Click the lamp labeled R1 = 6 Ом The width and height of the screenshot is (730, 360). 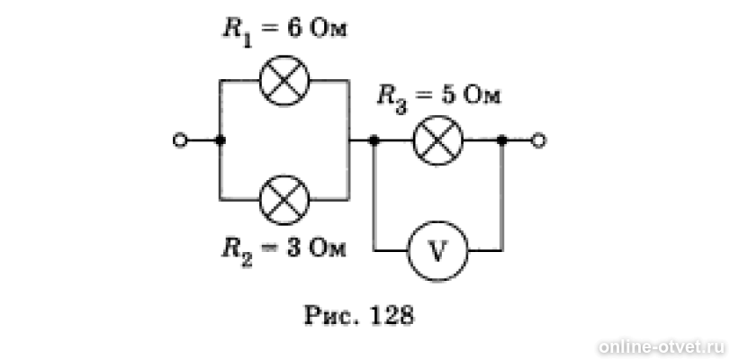[x=284, y=80]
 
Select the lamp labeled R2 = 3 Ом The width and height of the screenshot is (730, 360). [x=284, y=200]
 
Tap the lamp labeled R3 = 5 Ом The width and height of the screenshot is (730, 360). [x=438, y=139]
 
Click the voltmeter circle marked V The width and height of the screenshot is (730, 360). [x=438, y=251]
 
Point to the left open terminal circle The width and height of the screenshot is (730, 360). [x=180, y=139]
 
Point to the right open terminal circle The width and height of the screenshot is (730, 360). [x=538, y=140]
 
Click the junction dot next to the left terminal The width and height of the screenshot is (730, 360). [x=221, y=139]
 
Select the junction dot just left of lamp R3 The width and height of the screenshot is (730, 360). [x=374, y=139]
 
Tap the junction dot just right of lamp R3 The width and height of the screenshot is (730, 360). [x=502, y=139]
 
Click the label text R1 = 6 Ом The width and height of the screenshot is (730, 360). [x=285, y=31]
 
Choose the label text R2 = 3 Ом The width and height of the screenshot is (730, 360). [x=284, y=251]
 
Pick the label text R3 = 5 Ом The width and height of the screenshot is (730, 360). [x=439, y=98]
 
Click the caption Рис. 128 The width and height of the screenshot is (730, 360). [x=358, y=316]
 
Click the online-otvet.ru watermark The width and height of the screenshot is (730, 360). [x=661, y=347]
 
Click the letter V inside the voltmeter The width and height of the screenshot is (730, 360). [x=438, y=252]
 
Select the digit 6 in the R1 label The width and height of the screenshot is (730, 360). [x=294, y=29]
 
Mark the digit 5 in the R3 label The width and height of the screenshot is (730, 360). [x=449, y=95]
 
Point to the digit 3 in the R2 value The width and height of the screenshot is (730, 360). [x=293, y=249]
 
